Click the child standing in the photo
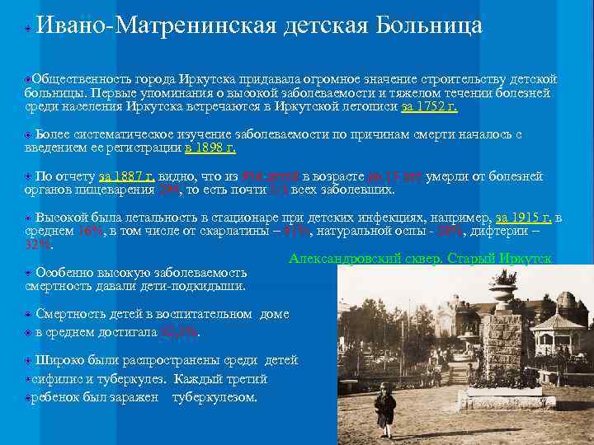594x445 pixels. coord(384,408)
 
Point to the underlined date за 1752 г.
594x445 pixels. coord(429,106)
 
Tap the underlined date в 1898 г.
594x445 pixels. coord(210,148)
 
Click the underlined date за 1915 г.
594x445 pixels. coord(523,218)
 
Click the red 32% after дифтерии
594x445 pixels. coord(38,245)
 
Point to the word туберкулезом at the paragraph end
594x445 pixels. coord(214,397)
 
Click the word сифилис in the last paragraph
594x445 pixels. coord(54,379)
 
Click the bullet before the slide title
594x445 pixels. coord(28,27)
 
